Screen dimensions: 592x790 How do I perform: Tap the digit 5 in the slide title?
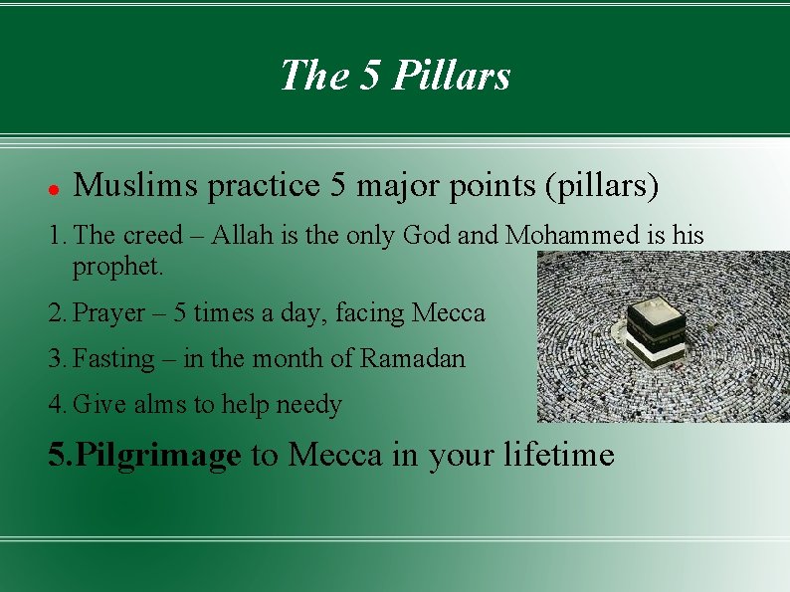click(x=369, y=75)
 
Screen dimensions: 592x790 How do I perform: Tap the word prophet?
click(x=116, y=267)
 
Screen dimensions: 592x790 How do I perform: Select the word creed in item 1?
click(x=153, y=236)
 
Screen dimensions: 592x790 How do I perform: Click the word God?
click(x=425, y=236)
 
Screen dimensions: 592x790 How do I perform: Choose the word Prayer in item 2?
click(x=109, y=313)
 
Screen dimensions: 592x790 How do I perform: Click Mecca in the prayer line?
click(x=448, y=313)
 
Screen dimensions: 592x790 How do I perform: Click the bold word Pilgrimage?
click(x=158, y=456)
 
